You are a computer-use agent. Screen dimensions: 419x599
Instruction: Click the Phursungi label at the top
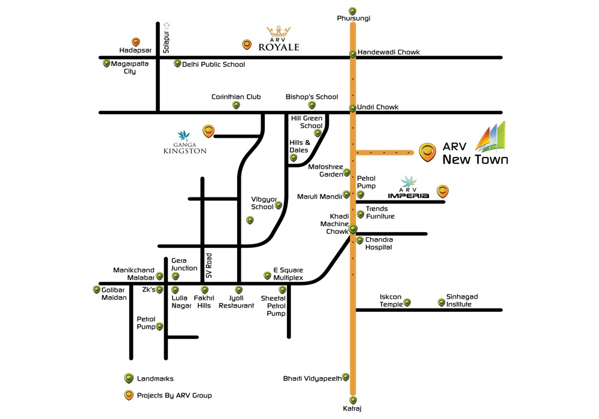coord(353,19)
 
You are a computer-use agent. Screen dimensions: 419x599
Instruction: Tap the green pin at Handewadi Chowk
coord(353,54)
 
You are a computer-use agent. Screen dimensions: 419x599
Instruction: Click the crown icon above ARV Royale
coord(279,32)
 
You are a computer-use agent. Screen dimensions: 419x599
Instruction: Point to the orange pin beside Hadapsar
coord(136,42)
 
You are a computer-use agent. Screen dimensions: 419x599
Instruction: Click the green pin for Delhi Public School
coord(177,63)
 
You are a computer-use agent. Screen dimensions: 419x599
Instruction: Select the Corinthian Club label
coord(236,96)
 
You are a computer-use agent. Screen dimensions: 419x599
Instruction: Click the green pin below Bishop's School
coord(312,105)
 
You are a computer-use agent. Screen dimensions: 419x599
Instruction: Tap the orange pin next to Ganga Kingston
coord(208,129)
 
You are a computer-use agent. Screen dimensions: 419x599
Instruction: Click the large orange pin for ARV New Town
coord(426,151)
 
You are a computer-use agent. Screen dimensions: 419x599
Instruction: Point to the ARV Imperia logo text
coord(410,195)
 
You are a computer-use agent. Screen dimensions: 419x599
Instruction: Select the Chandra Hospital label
coord(379,243)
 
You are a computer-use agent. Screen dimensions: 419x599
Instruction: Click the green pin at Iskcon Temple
coord(407,302)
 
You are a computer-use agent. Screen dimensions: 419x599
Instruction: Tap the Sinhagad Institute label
coord(462,300)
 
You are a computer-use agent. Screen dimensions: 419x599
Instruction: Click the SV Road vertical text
coord(208,267)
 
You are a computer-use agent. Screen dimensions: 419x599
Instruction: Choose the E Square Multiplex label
coord(288,274)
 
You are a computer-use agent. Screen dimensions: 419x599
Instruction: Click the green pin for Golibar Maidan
coord(97,290)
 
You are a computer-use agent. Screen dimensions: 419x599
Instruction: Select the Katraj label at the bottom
coord(353,409)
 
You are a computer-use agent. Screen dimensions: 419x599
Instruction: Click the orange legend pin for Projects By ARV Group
coord(128,395)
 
